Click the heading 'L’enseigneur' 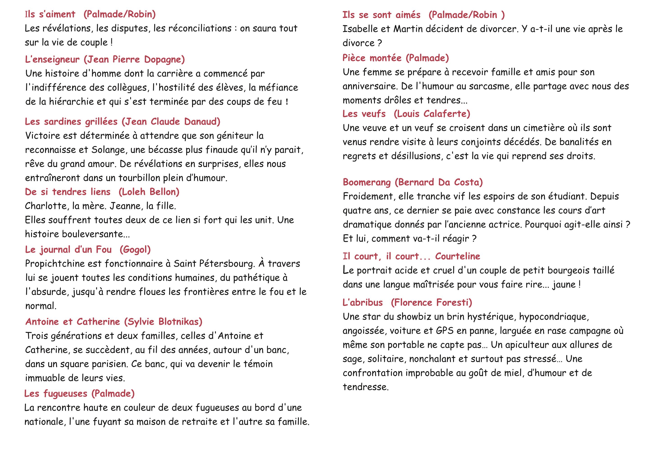tap(52, 59)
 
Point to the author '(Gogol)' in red tap(135, 249)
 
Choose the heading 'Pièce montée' tap(372, 58)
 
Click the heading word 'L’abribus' tap(363, 303)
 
